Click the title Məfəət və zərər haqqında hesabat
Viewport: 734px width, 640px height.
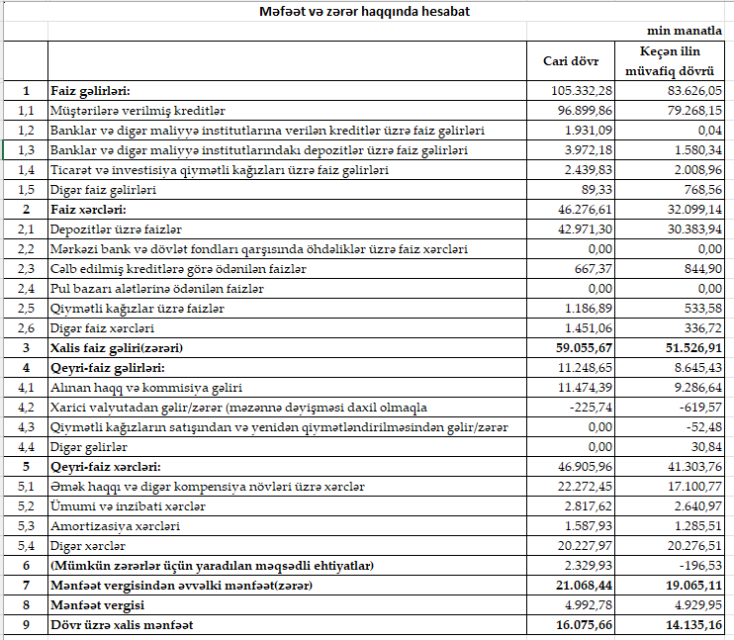coord(364,11)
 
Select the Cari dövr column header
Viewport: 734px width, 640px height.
coord(571,61)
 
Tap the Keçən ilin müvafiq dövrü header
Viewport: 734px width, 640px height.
coord(670,61)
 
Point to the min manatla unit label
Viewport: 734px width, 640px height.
coord(685,31)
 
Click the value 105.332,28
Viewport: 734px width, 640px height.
coord(582,90)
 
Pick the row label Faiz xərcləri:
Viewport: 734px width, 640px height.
coord(88,210)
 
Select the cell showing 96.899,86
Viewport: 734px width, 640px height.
coord(585,111)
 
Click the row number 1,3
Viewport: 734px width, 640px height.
coord(26,150)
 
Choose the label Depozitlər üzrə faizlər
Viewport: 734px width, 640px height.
coord(116,229)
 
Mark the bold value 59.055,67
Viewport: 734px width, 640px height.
coord(584,348)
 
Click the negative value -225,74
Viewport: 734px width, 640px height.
coord(591,408)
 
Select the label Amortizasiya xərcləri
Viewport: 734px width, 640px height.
coord(115,526)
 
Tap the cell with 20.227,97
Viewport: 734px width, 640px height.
coord(585,546)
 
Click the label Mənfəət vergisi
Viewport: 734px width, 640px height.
coord(97,605)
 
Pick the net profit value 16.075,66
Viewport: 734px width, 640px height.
coord(584,625)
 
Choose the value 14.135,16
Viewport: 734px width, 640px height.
coord(693,625)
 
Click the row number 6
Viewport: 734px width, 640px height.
coord(26,566)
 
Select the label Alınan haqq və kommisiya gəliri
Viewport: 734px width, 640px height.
coord(146,388)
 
